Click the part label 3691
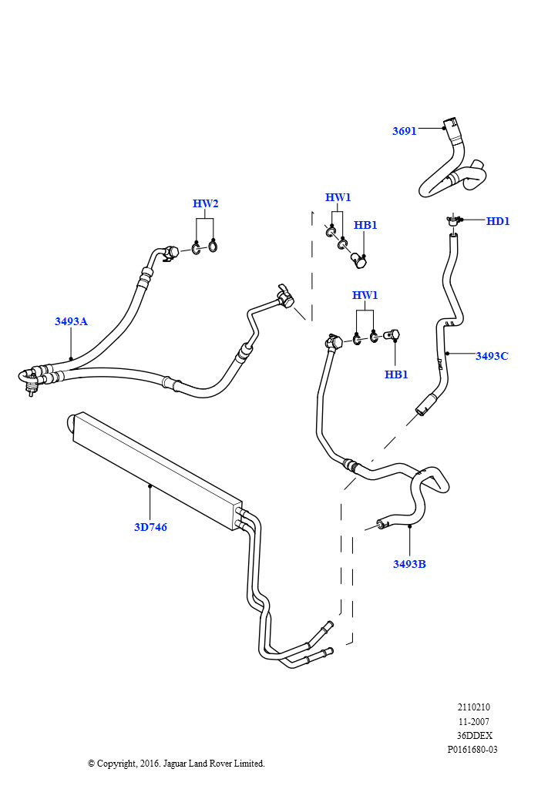404,131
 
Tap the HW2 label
205,203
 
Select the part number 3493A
71,321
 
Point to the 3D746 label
150,527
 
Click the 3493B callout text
409,563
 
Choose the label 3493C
492,356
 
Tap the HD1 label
498,221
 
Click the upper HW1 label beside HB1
338,197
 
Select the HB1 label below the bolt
396,374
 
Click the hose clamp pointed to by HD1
453,220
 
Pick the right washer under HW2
213,246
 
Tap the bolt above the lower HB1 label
393,334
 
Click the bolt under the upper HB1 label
358,260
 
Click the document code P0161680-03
472,749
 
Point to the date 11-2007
473,721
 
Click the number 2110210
473,707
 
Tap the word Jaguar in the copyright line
174,764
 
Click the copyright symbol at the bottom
91,764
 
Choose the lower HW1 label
365,295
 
